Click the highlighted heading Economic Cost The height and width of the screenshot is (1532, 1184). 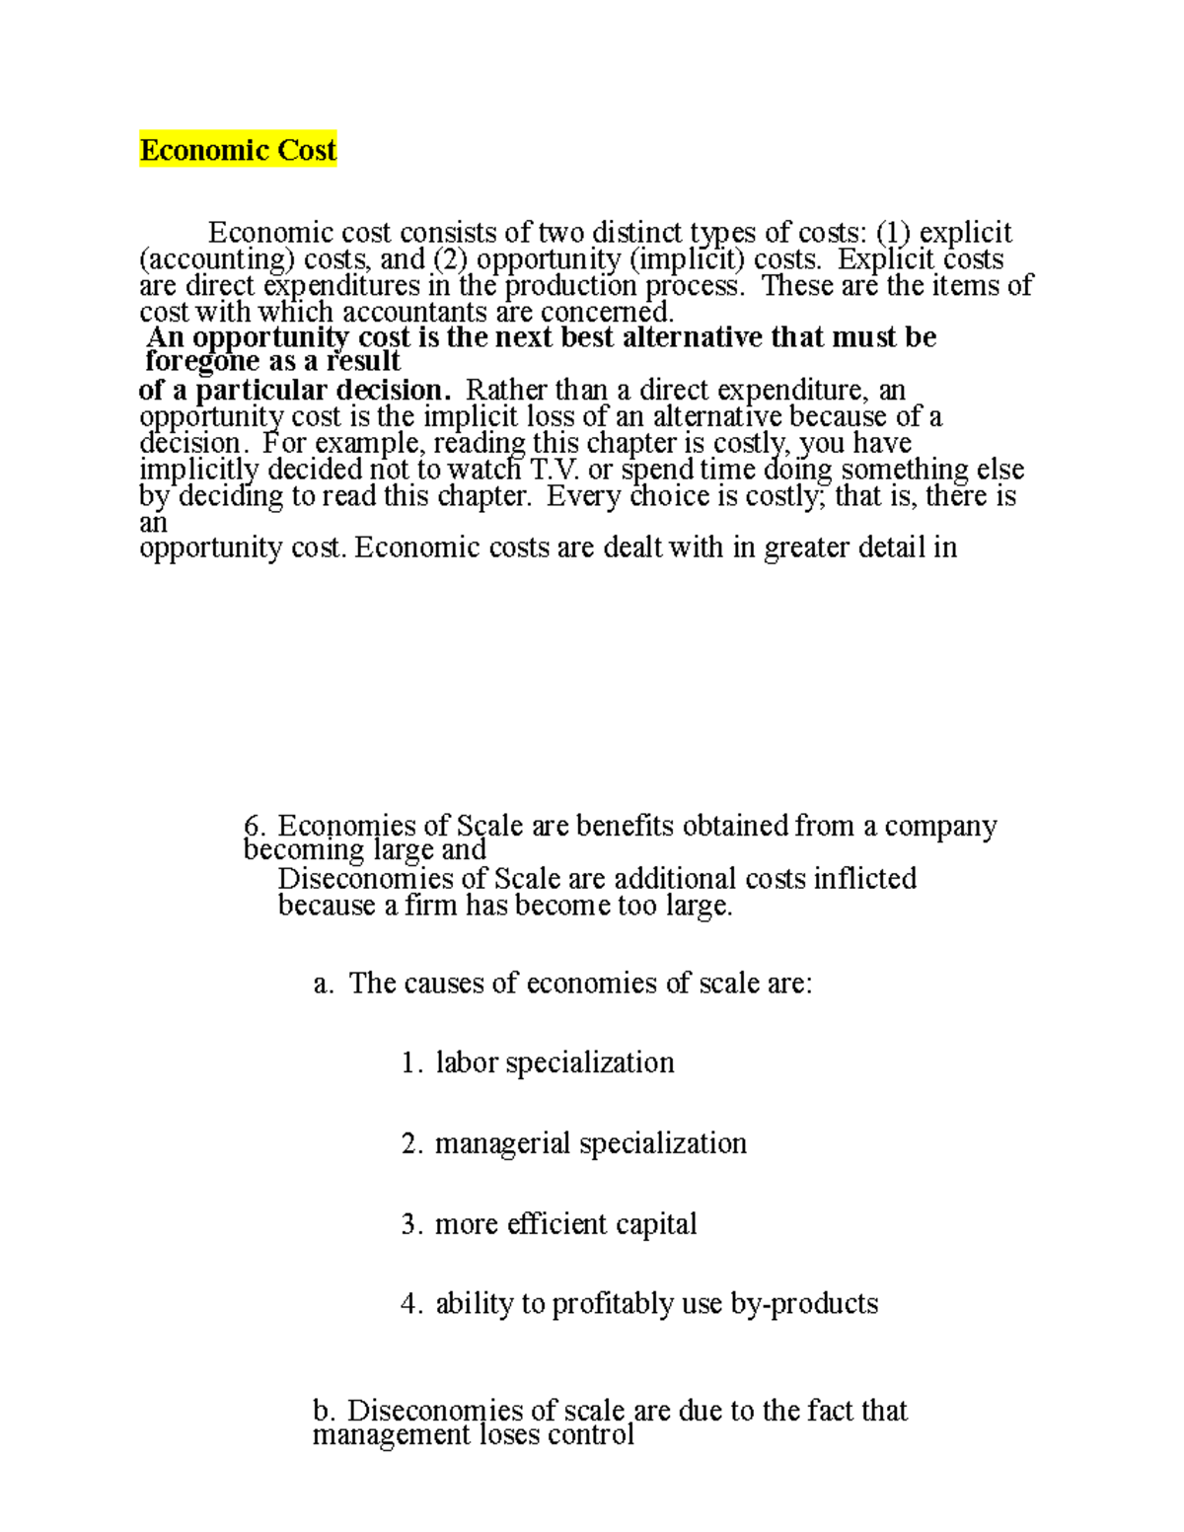pyautogui.click(x=238, y=150)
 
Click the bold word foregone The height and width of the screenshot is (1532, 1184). pyautogui.click(x=201, y=361)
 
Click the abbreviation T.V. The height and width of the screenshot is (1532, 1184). pyautogui.click(x=555, y=470)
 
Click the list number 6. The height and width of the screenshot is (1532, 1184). pyautogui.click(x=255, y=825)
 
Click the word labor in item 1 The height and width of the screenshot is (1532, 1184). pyautogui.click(x=466, y=1062)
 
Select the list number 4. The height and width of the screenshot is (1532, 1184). pyautogui.click(x=411, y=1304)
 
